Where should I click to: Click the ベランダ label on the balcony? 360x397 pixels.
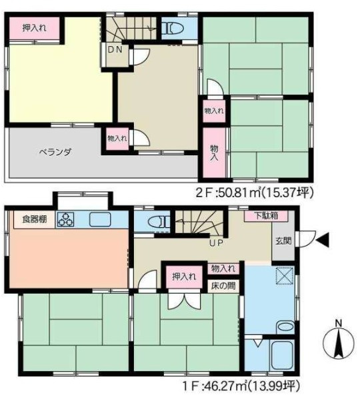click(55, 153)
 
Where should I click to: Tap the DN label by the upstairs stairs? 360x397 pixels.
click(115, 50)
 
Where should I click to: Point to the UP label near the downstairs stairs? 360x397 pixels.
click(216, 243)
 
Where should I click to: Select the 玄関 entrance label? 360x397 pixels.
click(283, 241)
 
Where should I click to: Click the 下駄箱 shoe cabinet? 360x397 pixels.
click(266, 216)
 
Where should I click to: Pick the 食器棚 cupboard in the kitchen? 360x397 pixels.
click(34, 219)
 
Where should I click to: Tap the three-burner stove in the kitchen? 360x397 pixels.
click(66, 219)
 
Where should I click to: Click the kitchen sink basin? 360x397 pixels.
click(100, 219)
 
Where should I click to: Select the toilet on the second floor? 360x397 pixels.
click(173, 28)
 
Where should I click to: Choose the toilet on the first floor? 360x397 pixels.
click(159, 222)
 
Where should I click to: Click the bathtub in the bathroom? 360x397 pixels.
click(282, 355)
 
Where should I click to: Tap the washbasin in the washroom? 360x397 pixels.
click(285, 328)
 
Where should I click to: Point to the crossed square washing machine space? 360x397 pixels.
click(285, 276)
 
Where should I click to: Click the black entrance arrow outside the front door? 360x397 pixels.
click(323, 240)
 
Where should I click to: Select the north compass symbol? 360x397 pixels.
click(339, 344)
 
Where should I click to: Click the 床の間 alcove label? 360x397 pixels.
click(223, 286)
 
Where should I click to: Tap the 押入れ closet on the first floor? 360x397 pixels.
click(184, 277)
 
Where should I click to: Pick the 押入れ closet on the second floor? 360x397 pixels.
click(35, 28)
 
